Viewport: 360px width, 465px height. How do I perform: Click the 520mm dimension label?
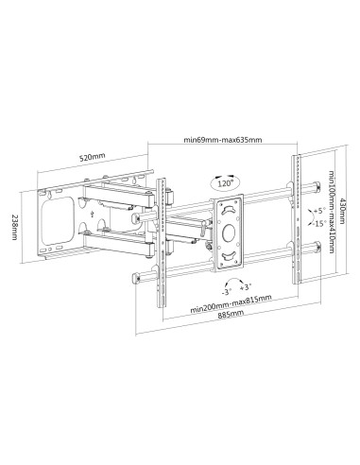(x=93, y=157)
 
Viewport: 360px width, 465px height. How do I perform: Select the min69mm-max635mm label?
(x=223, y=140)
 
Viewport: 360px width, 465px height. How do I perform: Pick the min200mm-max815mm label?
(x=231, y=304)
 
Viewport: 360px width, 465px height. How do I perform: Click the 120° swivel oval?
(x=225, y=181)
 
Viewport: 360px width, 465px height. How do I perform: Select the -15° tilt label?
(x=320, y=224)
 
